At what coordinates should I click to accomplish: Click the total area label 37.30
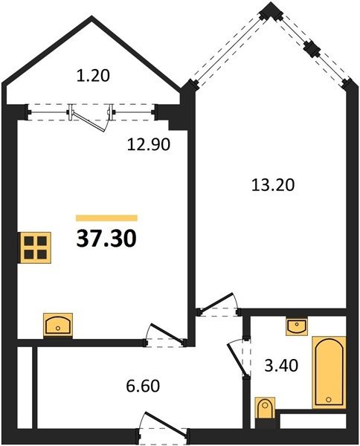[106, 239]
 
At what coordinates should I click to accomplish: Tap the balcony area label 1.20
[93, 77]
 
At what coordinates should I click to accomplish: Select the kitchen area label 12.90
[149, 144]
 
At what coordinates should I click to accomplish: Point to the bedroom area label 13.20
[273, 185]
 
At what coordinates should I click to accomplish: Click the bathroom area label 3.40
[281, 366]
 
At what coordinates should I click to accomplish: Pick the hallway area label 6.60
[143, 386]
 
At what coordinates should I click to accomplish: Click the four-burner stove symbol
[35, 248]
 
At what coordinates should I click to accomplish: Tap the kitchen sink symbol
[58, 326]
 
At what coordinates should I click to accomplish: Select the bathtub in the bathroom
[329, 372]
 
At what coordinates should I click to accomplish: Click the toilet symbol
[266, 408]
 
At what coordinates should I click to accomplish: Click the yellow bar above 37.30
[106, 218]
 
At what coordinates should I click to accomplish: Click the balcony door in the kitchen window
[91, 119]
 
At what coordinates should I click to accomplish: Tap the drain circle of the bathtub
[329, 399]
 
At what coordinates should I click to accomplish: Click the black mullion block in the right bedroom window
[312, 49]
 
